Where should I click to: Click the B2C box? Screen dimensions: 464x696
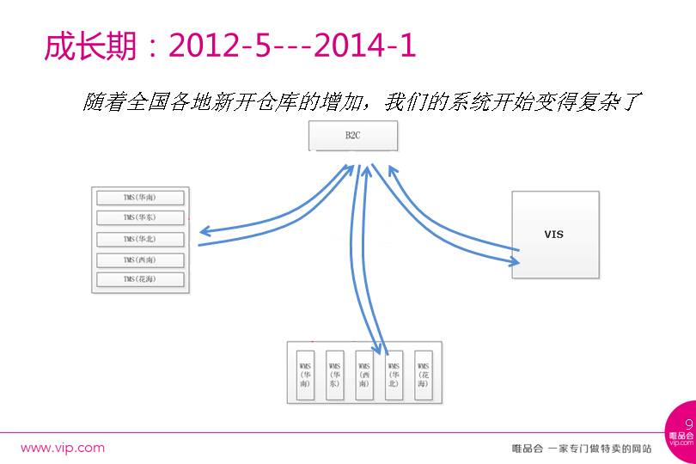tap(353, 136)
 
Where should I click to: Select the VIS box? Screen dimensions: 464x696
tap(554, 234)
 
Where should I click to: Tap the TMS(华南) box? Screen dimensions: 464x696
tap(139, 197)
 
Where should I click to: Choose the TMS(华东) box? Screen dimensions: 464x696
tap(139, 217)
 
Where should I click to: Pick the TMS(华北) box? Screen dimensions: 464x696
tap(139, 239)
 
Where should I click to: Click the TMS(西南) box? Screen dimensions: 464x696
tap(139, 259)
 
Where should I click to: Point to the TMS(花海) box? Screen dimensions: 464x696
tap(139, 279)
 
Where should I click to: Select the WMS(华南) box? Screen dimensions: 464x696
tap(305, 374)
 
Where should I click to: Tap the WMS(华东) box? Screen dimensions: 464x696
tap(335, 374)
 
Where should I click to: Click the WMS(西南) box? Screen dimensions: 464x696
tap(364, 374)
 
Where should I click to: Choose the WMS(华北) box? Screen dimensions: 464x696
tap(394, 374)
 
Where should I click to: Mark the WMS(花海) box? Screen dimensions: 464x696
tap(424, 374)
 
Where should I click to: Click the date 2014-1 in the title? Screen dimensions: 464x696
tap(365, 46)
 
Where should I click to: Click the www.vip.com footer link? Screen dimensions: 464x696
tap(63, 448)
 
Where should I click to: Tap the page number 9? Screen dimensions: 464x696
tap(688, 424)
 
